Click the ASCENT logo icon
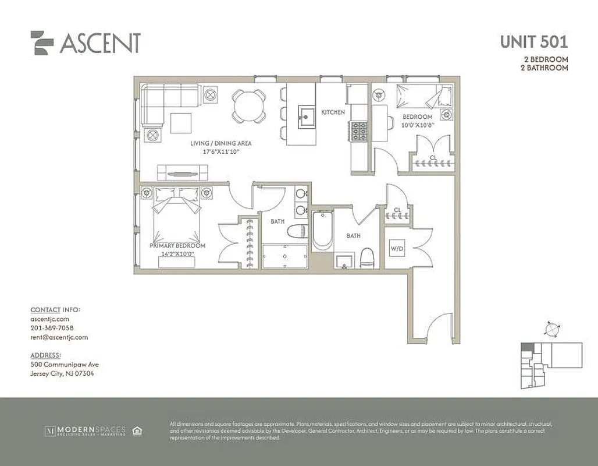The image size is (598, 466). point(42,43)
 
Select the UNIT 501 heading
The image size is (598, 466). point(533,42)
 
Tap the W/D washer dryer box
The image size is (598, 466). point(397,249)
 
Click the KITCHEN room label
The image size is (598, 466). point(333,112)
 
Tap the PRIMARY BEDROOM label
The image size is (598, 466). point(177,246)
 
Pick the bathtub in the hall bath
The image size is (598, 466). point(322,231)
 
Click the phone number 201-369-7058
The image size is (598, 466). point(52,328)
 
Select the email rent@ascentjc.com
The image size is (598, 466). point(59,337)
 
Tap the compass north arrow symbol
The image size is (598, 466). point(551,329)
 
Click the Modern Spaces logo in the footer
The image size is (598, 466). point(85,431)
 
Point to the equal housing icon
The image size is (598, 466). point(137,431)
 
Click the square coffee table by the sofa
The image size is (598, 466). point(181,122)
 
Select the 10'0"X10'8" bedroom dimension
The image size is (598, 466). point(418,125)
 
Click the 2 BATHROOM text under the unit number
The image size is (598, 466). point(543,68)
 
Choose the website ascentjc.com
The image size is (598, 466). point(49,319)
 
